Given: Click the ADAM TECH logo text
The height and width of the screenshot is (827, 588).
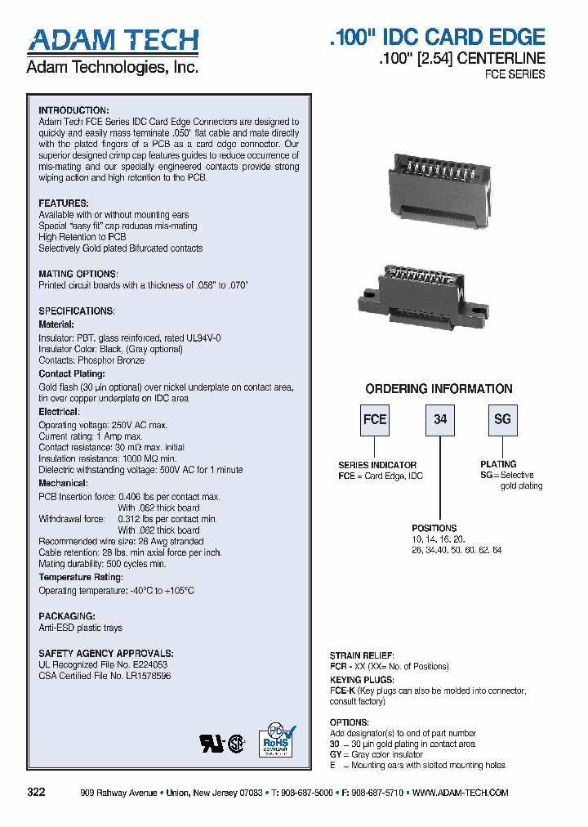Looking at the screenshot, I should pyautogui.click(x=113, y=41).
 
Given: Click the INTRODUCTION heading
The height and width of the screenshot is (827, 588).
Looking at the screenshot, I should pyautogui.click(x=73, y=110).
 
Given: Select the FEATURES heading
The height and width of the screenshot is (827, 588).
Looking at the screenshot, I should pyautogui.click(x=64, y=203).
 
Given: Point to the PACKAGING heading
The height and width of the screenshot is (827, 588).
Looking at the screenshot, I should pyautogui.click(x=67, y=616).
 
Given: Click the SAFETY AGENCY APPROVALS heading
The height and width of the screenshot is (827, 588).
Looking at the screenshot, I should pyautogui.click(x=106, y=654).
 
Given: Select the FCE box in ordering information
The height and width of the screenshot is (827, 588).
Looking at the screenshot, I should pyautogui.click(x=375, y=419).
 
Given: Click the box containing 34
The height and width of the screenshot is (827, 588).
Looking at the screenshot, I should pyautogui.click(x=440, y=419).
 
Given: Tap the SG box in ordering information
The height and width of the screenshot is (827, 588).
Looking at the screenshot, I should pyautogui.click(x=502, y=419).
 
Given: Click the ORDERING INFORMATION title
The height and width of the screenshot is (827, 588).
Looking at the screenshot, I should pyautogui.click(x=439, y=389).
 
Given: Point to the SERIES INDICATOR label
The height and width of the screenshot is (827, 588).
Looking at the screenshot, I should pyautogui.click(x=377, y=465).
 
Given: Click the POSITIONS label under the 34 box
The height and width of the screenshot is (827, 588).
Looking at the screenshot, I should pyautogui.click(x=434, y=528).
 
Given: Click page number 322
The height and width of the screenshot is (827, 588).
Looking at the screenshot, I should pyautogui.click(x=36, y=793).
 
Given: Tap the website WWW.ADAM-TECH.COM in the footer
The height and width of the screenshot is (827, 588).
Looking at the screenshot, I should pyautogui.click(x=461, y=793).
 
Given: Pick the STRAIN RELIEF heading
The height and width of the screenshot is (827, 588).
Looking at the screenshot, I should pyautogui.click(x=362, y=655).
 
